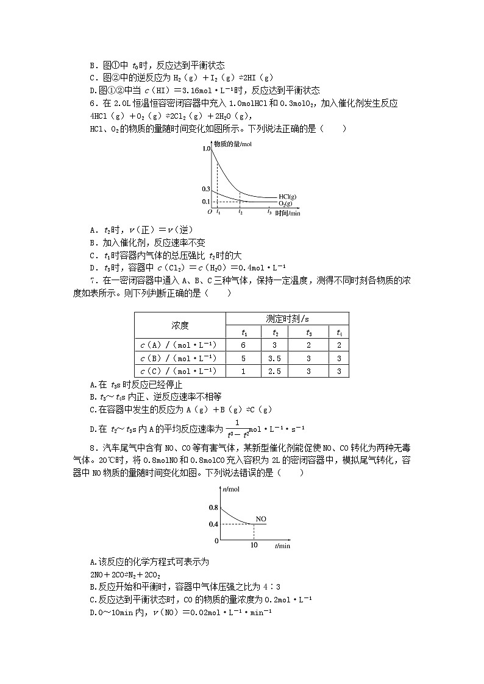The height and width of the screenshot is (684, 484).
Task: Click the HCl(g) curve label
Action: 288,196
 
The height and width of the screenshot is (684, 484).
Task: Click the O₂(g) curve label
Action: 287,203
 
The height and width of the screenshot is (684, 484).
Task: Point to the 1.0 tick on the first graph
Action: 206,149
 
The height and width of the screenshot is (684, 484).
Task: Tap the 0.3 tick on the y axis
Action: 206,189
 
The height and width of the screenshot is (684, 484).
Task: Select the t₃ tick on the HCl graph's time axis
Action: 269,212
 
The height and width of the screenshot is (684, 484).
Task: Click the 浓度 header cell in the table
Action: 180,325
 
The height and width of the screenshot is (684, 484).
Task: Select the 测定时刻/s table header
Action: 287,319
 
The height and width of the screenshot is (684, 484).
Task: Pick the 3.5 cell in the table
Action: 276,358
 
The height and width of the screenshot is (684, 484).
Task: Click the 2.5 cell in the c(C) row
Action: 276,371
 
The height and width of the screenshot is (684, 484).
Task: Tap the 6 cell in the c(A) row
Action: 244,345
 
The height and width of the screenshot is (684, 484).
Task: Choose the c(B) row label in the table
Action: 179,358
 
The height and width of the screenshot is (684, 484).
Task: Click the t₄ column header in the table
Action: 340,332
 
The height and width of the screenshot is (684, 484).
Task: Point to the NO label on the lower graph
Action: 261,519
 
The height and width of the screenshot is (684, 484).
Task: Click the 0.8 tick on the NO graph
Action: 213,507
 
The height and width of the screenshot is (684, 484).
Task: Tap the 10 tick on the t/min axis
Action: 254,545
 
